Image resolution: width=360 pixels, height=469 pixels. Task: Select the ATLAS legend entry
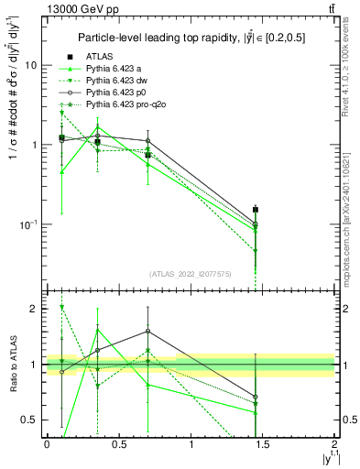(101, 58)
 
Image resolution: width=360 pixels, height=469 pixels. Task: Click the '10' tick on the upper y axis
(31, 66)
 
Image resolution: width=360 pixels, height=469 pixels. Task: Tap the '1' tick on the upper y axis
(34, 145)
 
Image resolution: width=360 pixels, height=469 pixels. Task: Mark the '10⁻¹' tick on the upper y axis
(28, 224)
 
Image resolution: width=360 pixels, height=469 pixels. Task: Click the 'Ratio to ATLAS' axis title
(10, 364)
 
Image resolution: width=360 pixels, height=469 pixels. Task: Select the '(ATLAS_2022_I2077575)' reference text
(190, 274)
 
